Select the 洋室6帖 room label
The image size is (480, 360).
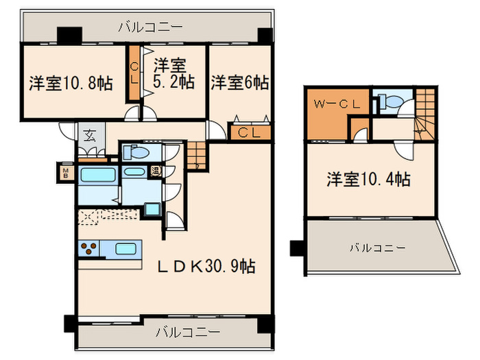click(239, 83)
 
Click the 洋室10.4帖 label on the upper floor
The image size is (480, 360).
click(368, 180)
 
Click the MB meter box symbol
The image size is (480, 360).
click(67, 171)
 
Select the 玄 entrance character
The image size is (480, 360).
click(90, 135)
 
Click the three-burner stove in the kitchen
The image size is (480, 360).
click(89, 249)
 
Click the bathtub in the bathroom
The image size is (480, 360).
click(99, 174)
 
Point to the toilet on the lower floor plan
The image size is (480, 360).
click(137, 152)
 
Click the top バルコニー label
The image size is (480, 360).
click(150, 27)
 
